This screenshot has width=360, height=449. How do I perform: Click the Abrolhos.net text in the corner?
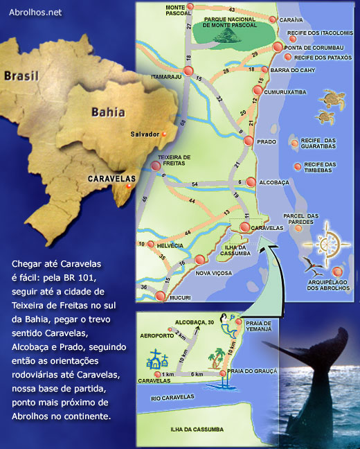[35, 12]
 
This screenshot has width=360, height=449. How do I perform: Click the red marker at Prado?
[249, 141]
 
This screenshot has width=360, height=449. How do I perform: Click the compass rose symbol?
[332, 243]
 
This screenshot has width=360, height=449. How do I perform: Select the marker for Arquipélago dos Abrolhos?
[338, 271]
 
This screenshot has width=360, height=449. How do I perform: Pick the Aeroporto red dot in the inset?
[168, 328]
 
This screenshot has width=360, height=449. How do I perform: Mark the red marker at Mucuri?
[161, 297]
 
